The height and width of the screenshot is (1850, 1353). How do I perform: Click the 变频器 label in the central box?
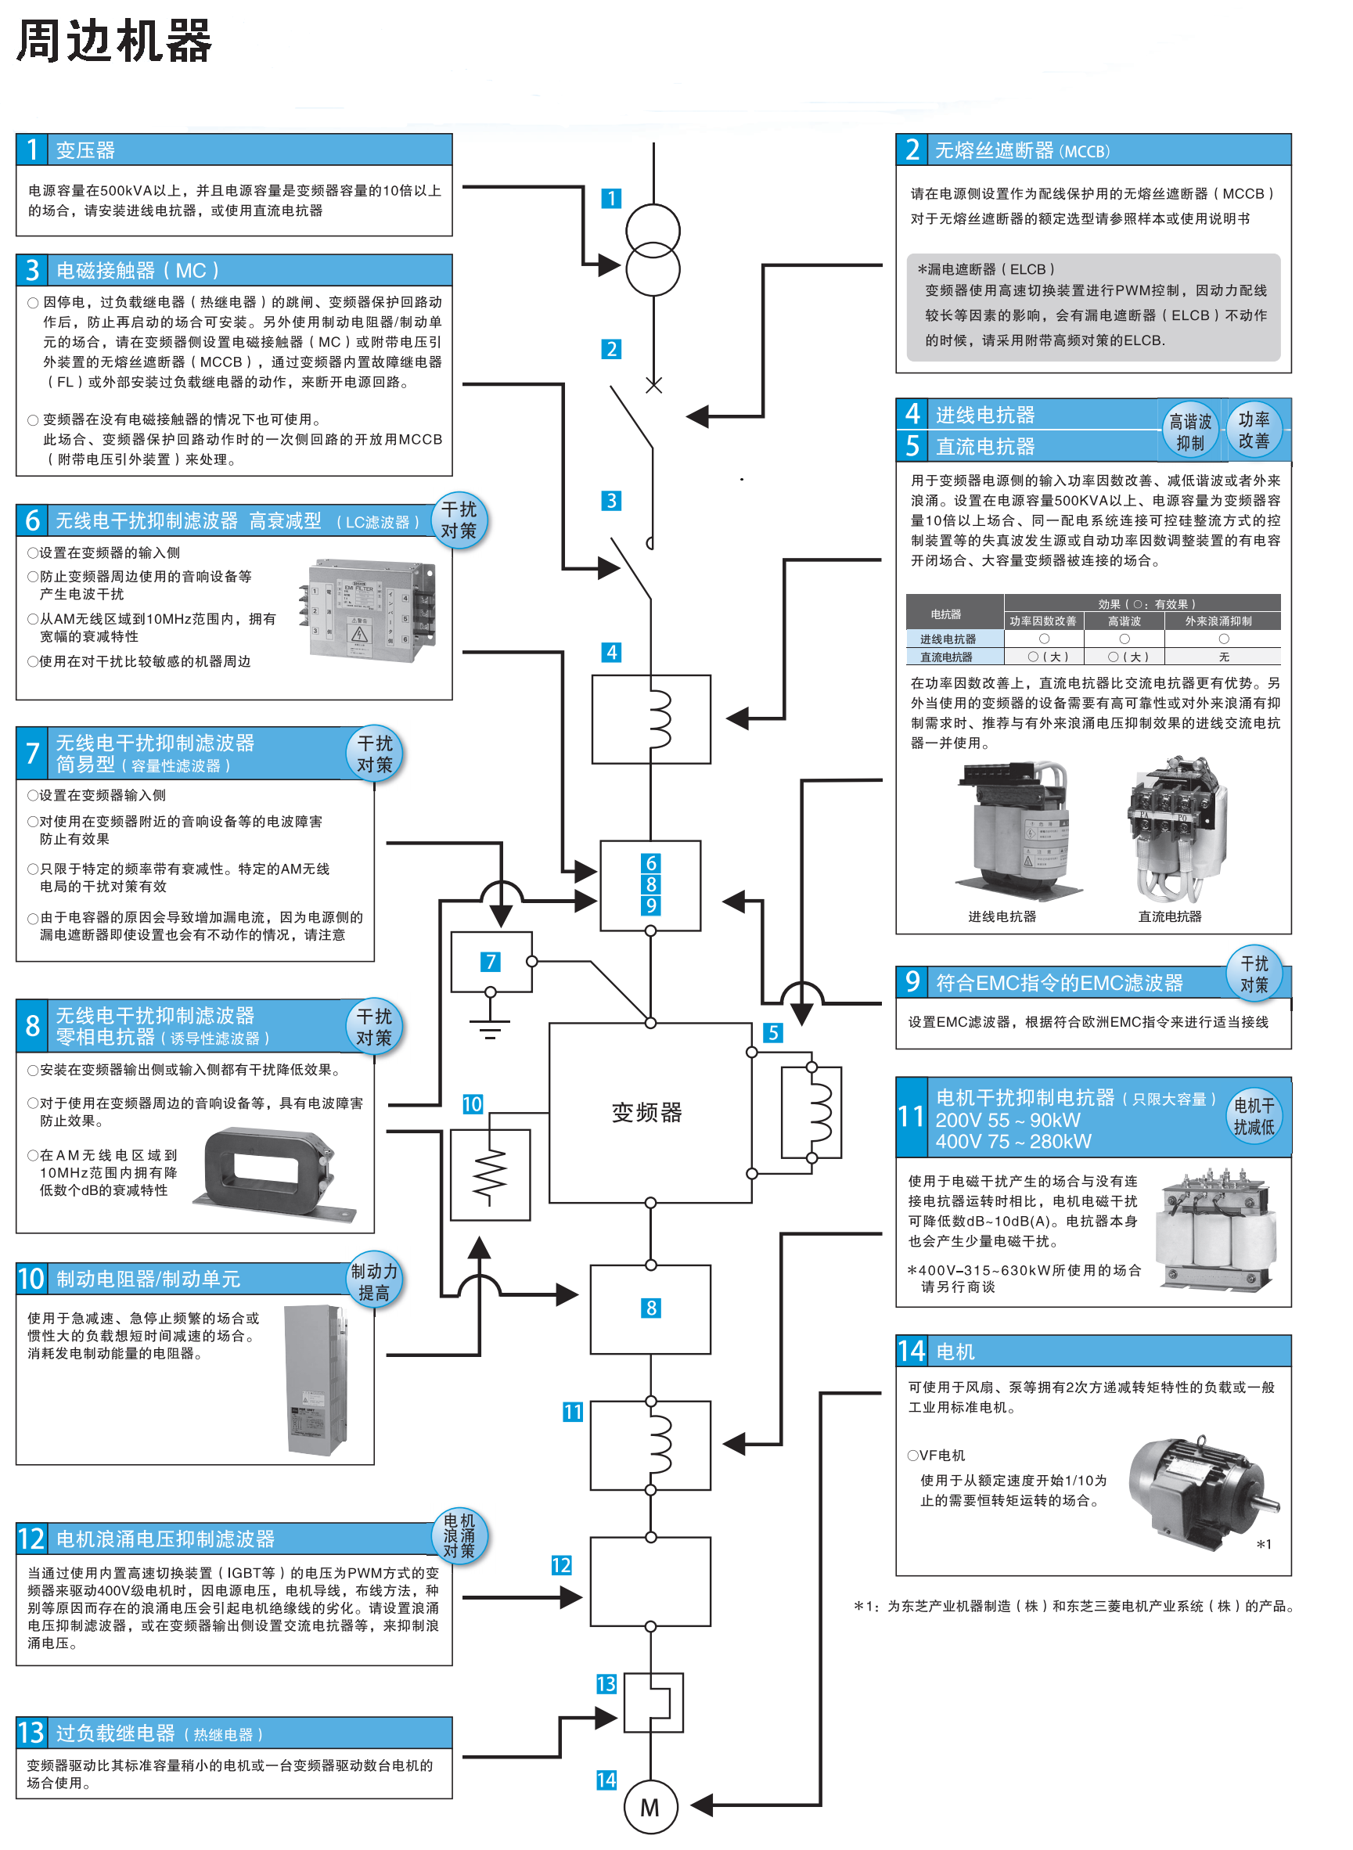click(x=646, y=1112)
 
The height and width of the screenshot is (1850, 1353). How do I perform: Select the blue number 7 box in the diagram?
click(x=490, y=962)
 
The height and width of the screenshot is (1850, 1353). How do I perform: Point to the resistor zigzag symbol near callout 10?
click(x=490, y=1175)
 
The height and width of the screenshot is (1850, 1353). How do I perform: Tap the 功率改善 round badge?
click(x=1253, y=430)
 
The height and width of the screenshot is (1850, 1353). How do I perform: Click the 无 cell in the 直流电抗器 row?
click(x=1223, y=657)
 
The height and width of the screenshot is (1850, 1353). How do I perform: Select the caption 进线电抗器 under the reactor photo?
click(x=1002, y=916)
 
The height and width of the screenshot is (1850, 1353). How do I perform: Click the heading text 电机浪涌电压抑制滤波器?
click(x=165, y=1539)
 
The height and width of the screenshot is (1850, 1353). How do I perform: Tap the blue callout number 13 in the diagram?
click(x=606, y=1684)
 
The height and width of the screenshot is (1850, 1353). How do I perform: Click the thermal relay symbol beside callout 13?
click(x=653, y=1703)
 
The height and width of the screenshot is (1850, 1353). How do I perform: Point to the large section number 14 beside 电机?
click(x=912, y=1351)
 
